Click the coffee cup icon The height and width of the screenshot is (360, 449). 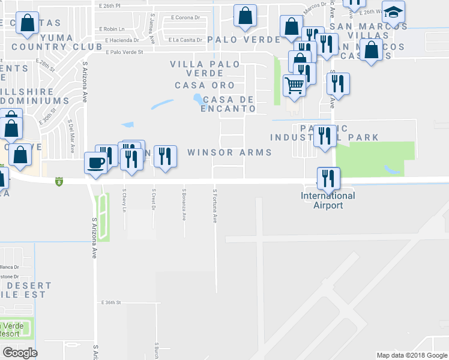[96, 162]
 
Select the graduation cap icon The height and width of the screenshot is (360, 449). [393, 13]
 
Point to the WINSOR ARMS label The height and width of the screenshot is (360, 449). [229, 152]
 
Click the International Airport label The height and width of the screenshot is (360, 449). [328, 200]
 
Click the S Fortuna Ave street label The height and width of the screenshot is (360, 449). [215, 206]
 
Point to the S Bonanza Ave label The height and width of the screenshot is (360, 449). [184, 205]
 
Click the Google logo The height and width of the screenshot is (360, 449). [20, 352]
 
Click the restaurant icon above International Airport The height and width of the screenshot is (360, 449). [328, 177]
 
